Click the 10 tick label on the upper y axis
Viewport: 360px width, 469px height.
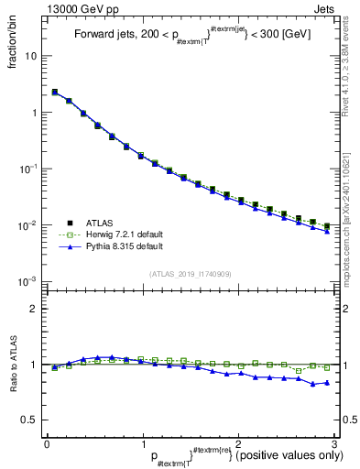30,56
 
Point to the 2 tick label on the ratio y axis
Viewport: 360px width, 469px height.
33,309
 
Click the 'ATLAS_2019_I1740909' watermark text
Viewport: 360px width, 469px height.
191,275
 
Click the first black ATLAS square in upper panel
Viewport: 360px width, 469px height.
54,92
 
